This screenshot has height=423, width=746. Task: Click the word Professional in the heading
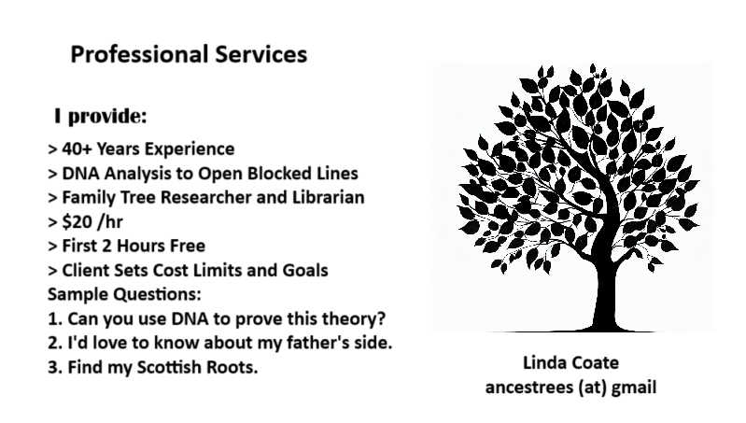click(140, 54)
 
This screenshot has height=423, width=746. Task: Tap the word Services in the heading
click(261, 54)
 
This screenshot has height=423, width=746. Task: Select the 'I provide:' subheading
click(101, 117)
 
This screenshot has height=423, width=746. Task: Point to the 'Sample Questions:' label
click(124, 294)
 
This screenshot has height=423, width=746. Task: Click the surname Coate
click(595, 363)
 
